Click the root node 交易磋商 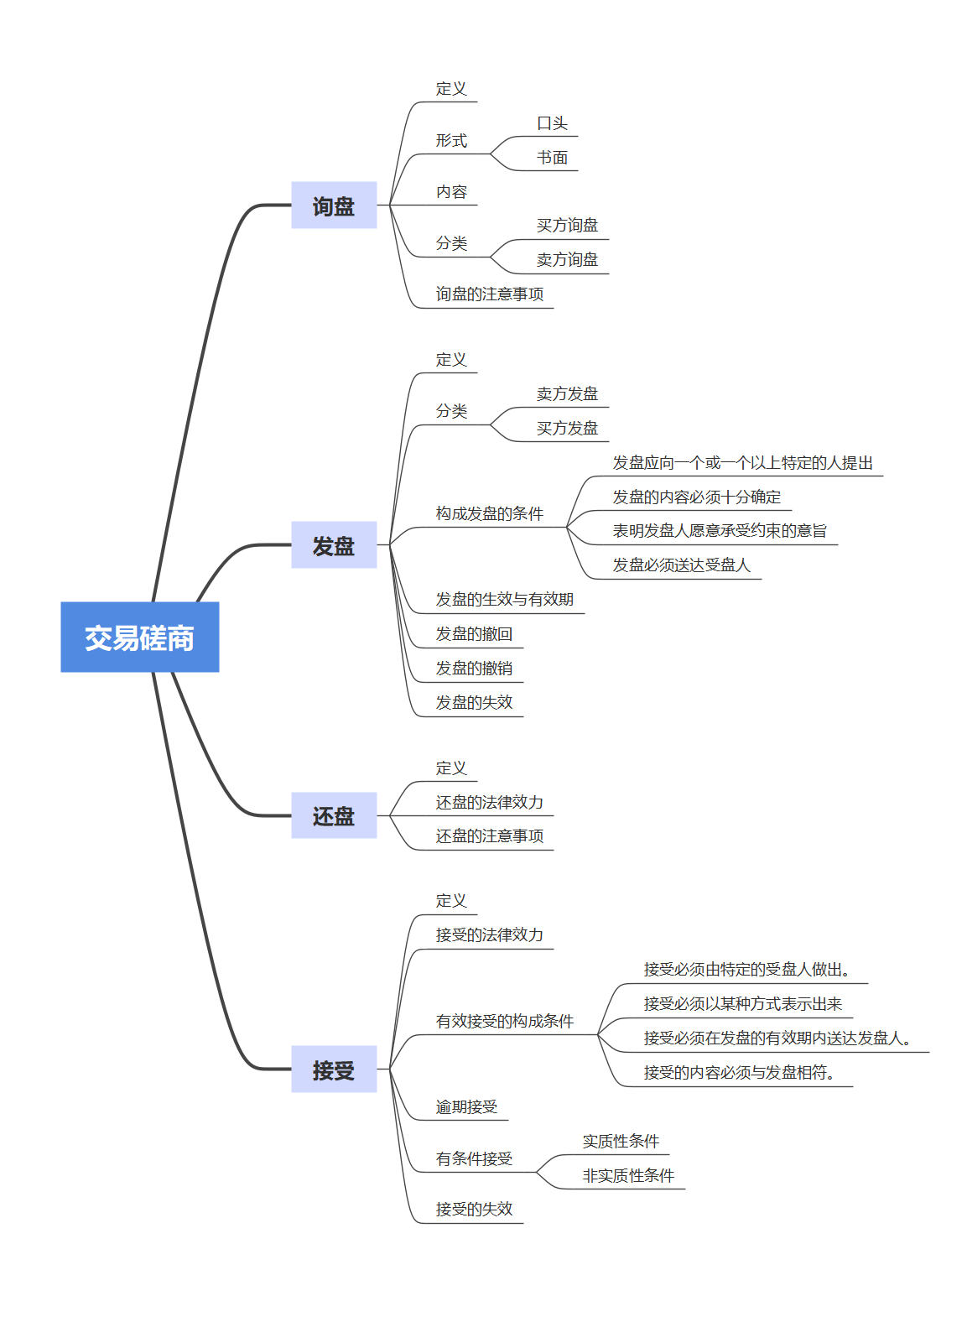tap(139, 638)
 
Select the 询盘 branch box tap(334, 206)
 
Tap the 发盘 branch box tap(334, 545)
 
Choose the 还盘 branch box tap(334, 815)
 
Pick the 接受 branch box tap(334, 1070)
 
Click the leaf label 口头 tap(552, 123)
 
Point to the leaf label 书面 tap(552, 158)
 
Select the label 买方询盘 tap(567, 226)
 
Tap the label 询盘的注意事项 tap(489, 294)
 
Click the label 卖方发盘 tap(567, 394)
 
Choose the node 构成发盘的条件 tap(489, 513)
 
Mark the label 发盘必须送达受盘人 tap(681, 565)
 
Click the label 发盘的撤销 tap(474, 669)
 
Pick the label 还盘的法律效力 tap(489, 803)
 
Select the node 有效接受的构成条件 tap(504, 1022)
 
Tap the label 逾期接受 tap(466, 1107)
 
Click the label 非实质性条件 tap(628, 1176)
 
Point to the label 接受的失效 tap(474, 1210)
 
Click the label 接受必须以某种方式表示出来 tap(742, 1004)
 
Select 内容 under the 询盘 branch tap(451, 192)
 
